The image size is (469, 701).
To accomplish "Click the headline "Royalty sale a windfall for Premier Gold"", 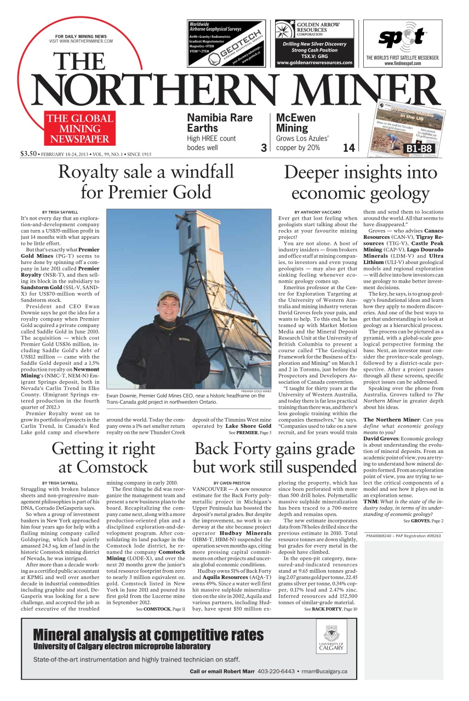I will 146,182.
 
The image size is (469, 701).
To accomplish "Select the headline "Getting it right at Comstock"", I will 103,457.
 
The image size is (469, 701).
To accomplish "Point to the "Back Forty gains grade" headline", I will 274,449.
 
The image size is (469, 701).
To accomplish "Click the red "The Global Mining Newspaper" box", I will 79,129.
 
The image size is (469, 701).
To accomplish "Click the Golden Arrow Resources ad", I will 314,43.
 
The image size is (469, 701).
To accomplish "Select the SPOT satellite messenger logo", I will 403,37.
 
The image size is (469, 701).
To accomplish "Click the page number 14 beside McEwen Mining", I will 348,148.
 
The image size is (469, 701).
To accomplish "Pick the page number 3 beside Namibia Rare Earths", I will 264,148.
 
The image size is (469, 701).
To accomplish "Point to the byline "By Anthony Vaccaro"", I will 318,212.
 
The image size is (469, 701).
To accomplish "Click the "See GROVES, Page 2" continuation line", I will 423,521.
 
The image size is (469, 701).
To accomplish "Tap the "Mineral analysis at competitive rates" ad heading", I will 148,635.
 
